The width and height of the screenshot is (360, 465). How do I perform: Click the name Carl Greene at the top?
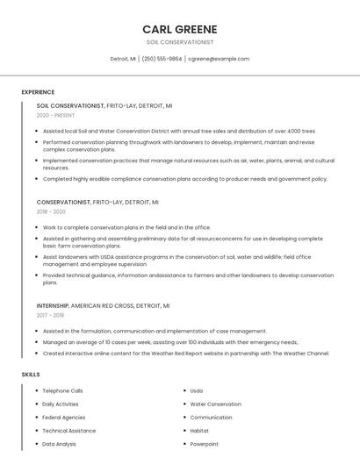click(x=180, y=29)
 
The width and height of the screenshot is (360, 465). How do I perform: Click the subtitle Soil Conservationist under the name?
click(x=180, y=42)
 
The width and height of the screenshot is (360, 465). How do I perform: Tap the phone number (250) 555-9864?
click(x=162, y=59)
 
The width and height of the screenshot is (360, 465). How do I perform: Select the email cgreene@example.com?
click(x=219, y=59)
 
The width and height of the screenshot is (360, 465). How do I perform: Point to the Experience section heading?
click(x=38, y=92)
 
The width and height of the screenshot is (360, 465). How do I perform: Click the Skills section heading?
click(x=31, y=375)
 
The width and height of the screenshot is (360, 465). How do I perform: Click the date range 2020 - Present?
click(x=55, y=115)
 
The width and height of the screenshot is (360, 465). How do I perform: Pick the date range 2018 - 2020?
click(x=51, y=211)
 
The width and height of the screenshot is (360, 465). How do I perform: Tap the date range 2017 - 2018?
click(x=50, y=315)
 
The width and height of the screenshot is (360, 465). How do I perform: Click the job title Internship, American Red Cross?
click(x=103, y=305)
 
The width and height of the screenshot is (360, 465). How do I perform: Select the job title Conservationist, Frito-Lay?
click(x=97, y=202)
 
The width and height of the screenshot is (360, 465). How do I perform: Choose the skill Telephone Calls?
click(x=62, y=390)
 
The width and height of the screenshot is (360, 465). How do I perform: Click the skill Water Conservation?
click(x=215, y=404)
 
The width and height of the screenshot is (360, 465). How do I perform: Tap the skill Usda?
click(x=197, y=390)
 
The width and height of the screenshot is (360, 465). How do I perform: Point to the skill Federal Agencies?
click(x=63, y=418)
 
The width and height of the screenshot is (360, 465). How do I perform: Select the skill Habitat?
click(x=199, y=431)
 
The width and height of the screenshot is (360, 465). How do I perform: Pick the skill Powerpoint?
click(x=204, y=445)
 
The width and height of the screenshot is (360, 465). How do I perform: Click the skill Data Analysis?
click(x=59, y=445)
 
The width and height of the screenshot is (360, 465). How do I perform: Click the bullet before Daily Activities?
click(x=36, y=404)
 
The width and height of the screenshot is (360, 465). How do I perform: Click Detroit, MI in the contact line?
click(x=123, y=59)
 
